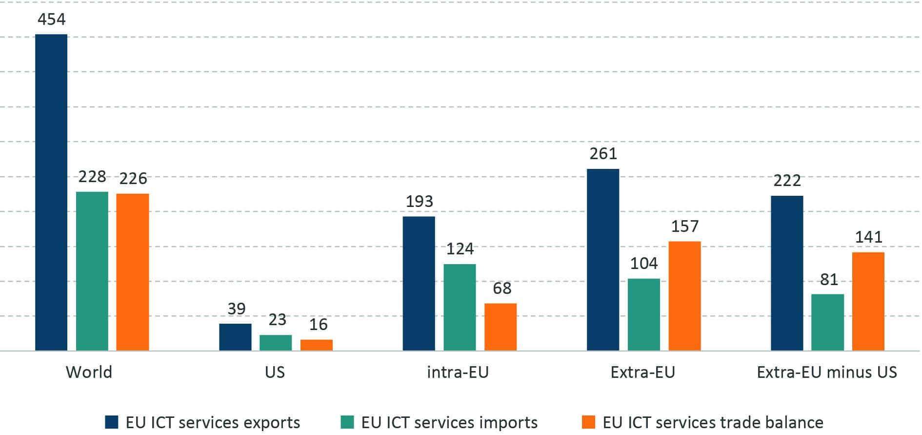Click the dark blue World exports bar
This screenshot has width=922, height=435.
point(51,192)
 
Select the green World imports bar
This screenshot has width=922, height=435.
point(92,271)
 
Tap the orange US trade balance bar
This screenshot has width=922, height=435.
point(316,345)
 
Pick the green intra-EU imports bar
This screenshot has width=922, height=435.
point(460,307)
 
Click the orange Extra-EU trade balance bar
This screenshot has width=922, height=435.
point(684,296)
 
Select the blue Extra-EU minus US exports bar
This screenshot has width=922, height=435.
point(787,273)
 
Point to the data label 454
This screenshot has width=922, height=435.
point(51,20)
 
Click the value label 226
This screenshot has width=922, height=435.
point(133,179)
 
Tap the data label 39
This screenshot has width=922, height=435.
point(237,309)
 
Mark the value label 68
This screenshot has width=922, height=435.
point(502,289)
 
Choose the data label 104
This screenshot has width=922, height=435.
point(644,264)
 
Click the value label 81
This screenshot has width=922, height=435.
point(829,280)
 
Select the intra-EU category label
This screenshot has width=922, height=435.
point(458,373)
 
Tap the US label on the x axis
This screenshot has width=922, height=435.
point(275,373)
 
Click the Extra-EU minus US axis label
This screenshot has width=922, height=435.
point(827,373)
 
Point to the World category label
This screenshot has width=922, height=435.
point(89,373)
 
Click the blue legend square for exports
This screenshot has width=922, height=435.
point(112,422)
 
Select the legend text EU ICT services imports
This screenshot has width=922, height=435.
point(449,422)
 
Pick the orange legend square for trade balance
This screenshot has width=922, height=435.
point(589,422)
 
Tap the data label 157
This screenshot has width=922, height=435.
point(685,227)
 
